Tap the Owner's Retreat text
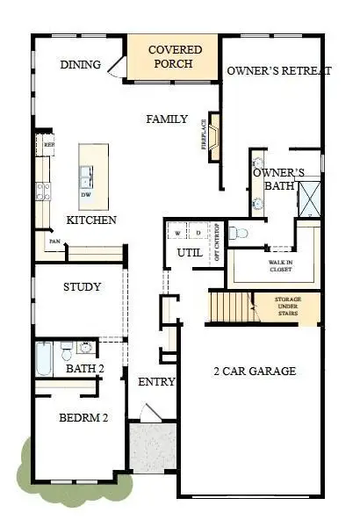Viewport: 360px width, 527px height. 278,71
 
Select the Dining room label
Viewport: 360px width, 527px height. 80,65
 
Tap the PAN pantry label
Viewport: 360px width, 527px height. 54,241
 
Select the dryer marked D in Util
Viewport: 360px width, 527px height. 198,233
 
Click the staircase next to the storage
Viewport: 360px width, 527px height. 227,308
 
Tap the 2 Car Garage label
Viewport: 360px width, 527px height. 254,372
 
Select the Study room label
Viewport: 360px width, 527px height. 82,287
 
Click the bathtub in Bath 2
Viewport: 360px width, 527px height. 45,357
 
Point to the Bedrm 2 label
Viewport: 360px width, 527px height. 83,419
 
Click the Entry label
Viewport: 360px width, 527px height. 156,382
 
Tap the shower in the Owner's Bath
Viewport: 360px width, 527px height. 309,198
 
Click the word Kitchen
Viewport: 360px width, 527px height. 91,220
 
